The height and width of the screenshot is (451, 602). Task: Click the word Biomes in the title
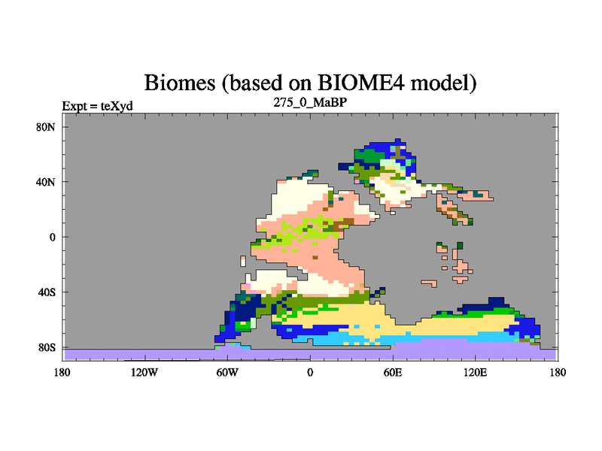(179, 83)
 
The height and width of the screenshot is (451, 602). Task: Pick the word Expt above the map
(74, 106)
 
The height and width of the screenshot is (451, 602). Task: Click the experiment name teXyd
(117, 106)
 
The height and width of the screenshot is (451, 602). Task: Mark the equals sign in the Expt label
(93, 107)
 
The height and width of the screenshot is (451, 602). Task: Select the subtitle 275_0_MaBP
(310, 102)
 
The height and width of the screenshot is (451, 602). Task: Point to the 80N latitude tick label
(46, 127)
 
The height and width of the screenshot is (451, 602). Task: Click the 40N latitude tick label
(46, 182)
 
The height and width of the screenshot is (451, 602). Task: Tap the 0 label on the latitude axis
(52, 237)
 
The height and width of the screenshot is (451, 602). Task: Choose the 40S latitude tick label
(47, 292)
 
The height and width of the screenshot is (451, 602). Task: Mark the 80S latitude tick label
(47, 347)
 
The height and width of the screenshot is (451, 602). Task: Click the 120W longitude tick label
(144, 372)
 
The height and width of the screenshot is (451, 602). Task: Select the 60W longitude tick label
(227, 372)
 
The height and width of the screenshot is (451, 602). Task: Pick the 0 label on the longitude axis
(310, 372)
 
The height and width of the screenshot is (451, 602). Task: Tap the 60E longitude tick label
(393, 372)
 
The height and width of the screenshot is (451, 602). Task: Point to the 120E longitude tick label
(476, 372)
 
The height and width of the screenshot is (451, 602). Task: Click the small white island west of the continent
(242, 261)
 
